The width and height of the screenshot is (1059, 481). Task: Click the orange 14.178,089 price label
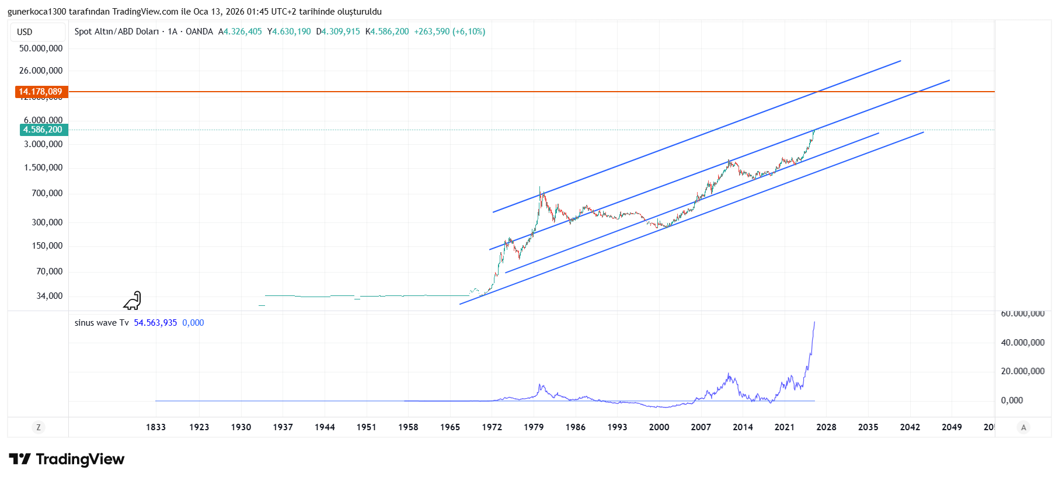point(41,92)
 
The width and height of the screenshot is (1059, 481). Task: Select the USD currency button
point(25,32)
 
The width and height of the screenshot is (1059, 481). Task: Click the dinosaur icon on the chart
point(133,301)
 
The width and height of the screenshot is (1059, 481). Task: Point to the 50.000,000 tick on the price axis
point(41,48)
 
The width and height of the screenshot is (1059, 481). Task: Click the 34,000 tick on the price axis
point(50,296)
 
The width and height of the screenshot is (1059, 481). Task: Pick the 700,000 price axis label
point(47,193)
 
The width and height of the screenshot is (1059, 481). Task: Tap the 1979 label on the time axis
point(534,427)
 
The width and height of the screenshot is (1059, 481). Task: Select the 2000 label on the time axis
point(659,427)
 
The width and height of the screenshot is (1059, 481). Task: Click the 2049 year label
point(952,427)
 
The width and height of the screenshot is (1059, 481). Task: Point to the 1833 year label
point(156,427)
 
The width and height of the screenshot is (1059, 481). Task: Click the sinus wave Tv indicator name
point(102,323)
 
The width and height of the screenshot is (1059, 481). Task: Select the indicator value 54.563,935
point(155,323)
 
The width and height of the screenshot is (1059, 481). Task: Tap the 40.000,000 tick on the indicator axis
point(1023,343)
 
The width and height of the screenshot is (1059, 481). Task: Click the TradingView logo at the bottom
point(67,459)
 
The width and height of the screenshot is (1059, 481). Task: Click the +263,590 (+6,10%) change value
point(450,32)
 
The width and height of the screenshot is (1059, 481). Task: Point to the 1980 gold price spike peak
point(540,188)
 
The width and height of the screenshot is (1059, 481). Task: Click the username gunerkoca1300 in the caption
point(37,12)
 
